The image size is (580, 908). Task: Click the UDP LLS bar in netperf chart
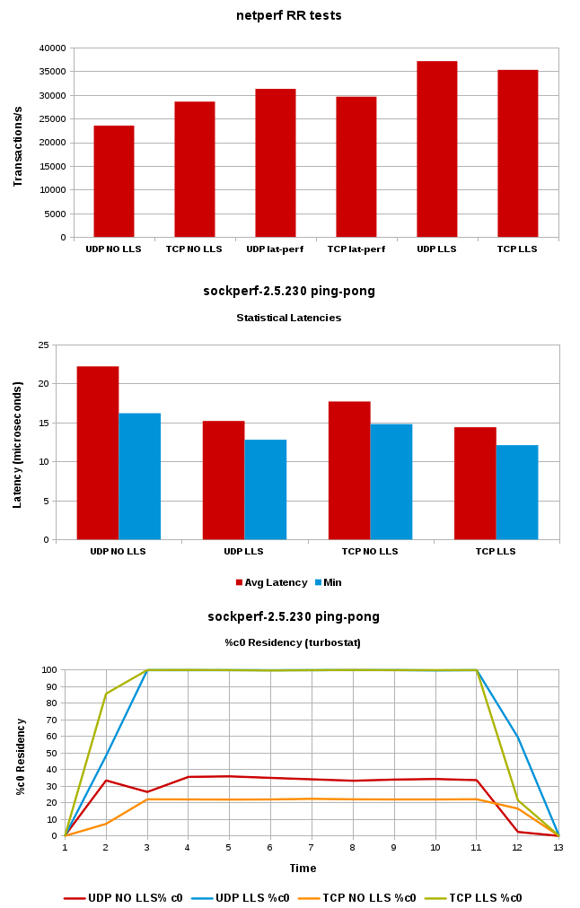coord(436,149)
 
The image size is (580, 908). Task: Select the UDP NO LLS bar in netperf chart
coord(113,181)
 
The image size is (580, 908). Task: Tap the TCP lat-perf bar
coord(356,167)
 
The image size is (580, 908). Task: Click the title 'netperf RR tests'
coord(289,15)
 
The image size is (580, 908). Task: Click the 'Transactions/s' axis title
coord(17,144)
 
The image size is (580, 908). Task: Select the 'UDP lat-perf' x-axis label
coord(275,249)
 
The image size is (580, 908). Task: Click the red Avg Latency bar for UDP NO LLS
coord(98,453)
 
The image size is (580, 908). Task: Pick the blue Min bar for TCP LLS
coord(517,493)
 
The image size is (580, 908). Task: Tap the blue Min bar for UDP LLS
coord(266,490)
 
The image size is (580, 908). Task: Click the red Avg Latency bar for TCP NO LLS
coord(349,470)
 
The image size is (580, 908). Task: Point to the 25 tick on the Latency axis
coord(43,345)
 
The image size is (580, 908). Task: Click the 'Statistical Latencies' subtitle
coord(289,318)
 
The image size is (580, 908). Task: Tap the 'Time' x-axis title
coord(303,868)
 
